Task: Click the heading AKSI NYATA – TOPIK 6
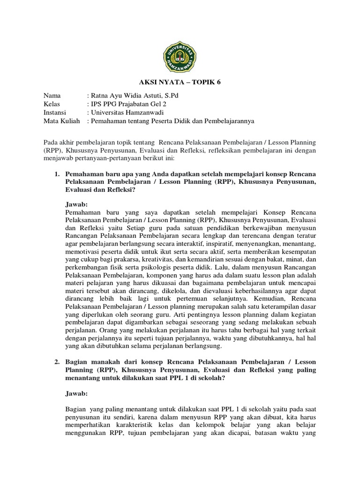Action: [180, 82]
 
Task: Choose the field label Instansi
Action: [55, 112]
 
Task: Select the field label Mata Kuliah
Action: [60, 121]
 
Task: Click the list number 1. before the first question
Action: [57, 174]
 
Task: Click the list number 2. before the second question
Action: [57, 362]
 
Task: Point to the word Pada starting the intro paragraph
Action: [51, 142]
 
